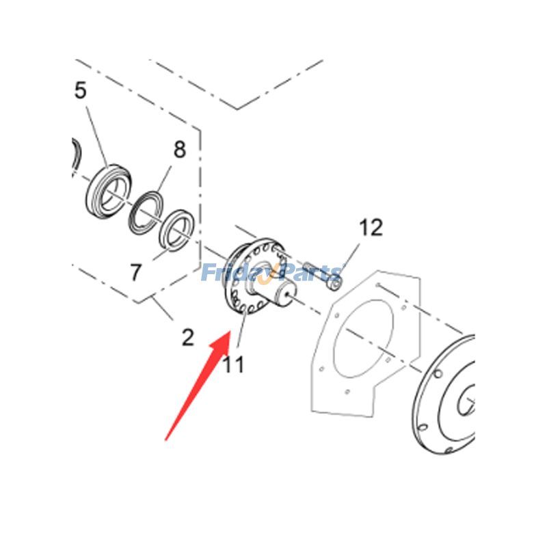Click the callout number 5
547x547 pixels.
tap(81, 90)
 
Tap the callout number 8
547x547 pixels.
tap(179, 150)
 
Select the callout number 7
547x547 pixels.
tap(135, 273)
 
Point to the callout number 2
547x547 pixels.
tap(187, 336)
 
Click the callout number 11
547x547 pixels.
tap(233, 364)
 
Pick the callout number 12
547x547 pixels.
tap(371, 228)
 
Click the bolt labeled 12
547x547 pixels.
tap(322, 273)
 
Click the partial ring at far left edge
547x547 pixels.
tap(77, 153)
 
